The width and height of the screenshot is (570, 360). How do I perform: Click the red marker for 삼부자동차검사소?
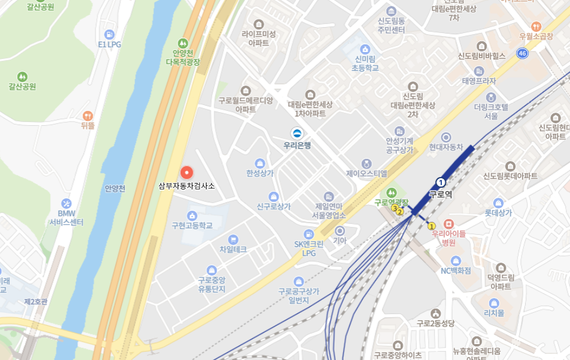coord(186,172)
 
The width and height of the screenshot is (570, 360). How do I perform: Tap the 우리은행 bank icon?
coord(297,133)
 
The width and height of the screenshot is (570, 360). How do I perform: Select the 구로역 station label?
coord(440,194)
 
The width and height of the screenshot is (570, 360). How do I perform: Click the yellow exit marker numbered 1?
coord(431,225)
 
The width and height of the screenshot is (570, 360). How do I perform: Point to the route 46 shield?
coord(522,54)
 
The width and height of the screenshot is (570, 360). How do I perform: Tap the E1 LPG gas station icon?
coord(109,34)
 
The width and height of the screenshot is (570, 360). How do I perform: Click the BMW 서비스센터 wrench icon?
coord(66,203)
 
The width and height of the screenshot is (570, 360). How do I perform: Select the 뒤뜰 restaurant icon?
coord(88,115)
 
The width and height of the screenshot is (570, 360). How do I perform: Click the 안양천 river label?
coord(116,189)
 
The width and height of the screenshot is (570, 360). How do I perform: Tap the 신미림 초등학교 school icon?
coord(365,48)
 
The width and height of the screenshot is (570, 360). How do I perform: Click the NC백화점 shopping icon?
coord(456,260)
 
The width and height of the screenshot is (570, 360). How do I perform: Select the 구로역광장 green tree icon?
coord(391,192)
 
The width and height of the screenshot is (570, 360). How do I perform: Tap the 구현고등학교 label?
coord(192,225)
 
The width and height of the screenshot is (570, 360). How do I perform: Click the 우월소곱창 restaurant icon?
coord(536,27)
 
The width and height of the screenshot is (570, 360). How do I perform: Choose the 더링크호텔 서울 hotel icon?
coord(490,97)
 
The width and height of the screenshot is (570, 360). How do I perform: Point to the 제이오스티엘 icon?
coord(367,163)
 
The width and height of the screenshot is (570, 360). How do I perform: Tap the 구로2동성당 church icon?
coord(435,313)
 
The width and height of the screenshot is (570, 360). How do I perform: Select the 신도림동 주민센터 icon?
coord(391,11)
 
